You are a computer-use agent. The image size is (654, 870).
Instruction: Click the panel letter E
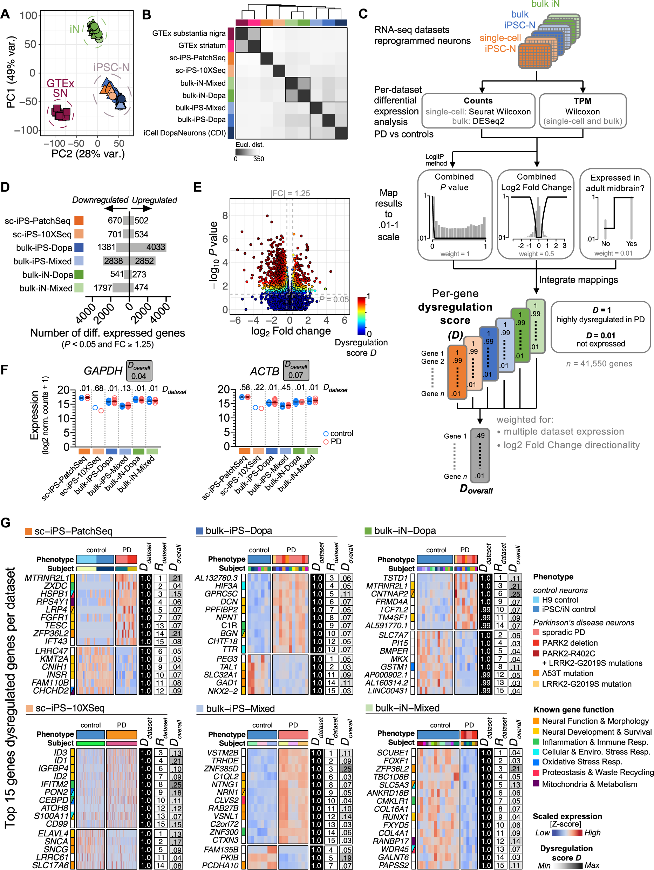[x=198, y=187]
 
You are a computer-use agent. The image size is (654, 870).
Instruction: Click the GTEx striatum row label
[x=202, y=46]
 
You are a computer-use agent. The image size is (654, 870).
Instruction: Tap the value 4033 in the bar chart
[x=156, y=247]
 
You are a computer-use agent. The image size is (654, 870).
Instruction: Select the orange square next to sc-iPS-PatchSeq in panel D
[x=79, y=221]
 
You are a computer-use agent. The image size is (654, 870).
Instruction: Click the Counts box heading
[x=478, y=101]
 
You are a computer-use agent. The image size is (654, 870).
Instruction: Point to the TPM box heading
[x=582, y=101]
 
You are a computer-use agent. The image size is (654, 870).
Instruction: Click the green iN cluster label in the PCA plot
[x=74, y=29]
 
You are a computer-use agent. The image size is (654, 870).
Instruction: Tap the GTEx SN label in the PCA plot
[x=60, y=88]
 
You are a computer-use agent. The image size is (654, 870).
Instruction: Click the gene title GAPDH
[x=103, y=371]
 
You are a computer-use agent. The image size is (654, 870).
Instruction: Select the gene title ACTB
[x=265, y=371]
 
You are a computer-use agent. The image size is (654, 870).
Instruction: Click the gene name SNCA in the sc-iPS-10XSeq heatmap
[x=56, y=841]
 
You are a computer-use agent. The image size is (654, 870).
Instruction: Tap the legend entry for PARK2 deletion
[x=570, y=643]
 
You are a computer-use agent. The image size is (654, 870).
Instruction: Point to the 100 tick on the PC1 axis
[x=28, y=16]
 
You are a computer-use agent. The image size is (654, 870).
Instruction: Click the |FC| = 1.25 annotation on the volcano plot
[x=290, y=193]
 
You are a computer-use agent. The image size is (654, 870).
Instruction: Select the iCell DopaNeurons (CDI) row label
[x=184, y=133]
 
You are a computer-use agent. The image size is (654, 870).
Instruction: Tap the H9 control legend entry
[x=560, y=600]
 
